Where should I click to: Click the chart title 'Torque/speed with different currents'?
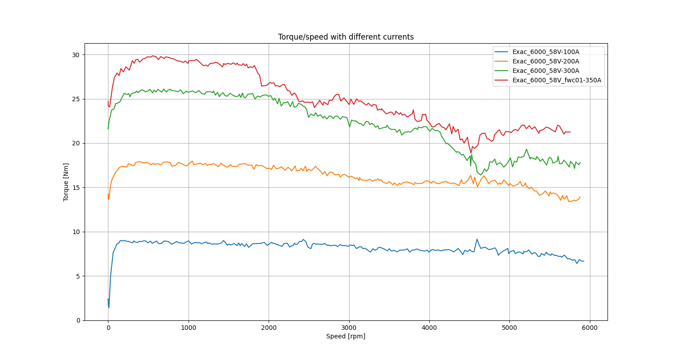(346, 37)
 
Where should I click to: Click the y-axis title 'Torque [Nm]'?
(66, 182)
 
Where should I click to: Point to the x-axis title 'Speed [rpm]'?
(346, 336)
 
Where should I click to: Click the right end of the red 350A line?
(570, 132)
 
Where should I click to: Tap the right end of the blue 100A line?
(584, 261)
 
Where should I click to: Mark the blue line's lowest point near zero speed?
(109, 307)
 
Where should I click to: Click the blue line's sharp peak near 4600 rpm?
(477, 239)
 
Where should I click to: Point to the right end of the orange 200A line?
(580, 197)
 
